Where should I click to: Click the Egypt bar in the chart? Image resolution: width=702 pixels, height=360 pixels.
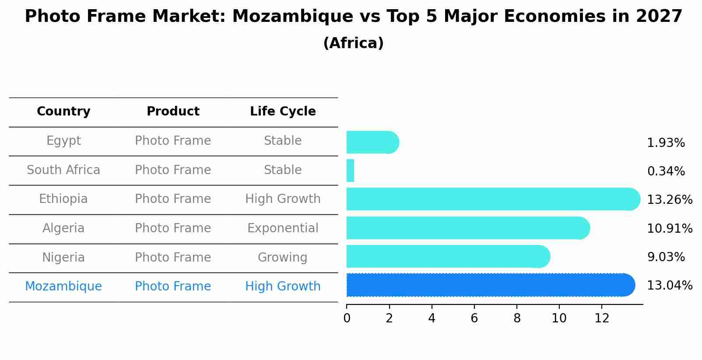(372, 143)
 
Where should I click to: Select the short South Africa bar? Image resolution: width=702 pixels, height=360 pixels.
(350, 171)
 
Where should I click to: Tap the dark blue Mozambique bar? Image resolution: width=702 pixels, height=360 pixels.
(490, 285)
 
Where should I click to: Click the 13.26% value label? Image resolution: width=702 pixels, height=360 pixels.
(669, 200)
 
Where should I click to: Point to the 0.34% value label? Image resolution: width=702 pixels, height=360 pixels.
(666, 171)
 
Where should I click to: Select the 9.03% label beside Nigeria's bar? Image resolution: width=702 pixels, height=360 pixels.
(666, 257)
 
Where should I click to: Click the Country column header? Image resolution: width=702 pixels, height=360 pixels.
(63, 112)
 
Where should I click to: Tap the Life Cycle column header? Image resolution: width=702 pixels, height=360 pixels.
(283, 112)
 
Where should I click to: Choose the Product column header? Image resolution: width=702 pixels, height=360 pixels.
(173, 112)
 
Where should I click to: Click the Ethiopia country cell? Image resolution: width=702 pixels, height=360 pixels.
(63, 199)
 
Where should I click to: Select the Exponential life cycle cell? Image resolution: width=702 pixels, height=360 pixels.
(283, 228)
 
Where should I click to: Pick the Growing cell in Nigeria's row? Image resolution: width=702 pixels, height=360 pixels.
(283, 257)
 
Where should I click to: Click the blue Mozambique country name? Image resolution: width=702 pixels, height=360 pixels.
(63, 287)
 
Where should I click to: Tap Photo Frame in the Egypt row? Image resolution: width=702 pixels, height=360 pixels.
(173, 141)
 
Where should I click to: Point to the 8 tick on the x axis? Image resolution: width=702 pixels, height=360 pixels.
(517, 318)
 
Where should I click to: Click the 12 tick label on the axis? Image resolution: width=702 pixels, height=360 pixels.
(602, 318)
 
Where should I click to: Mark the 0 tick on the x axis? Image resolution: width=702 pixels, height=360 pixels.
(347, 318)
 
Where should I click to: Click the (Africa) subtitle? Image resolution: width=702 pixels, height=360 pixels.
(353, 43)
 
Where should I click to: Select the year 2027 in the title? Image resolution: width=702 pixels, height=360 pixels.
(659, 17)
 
